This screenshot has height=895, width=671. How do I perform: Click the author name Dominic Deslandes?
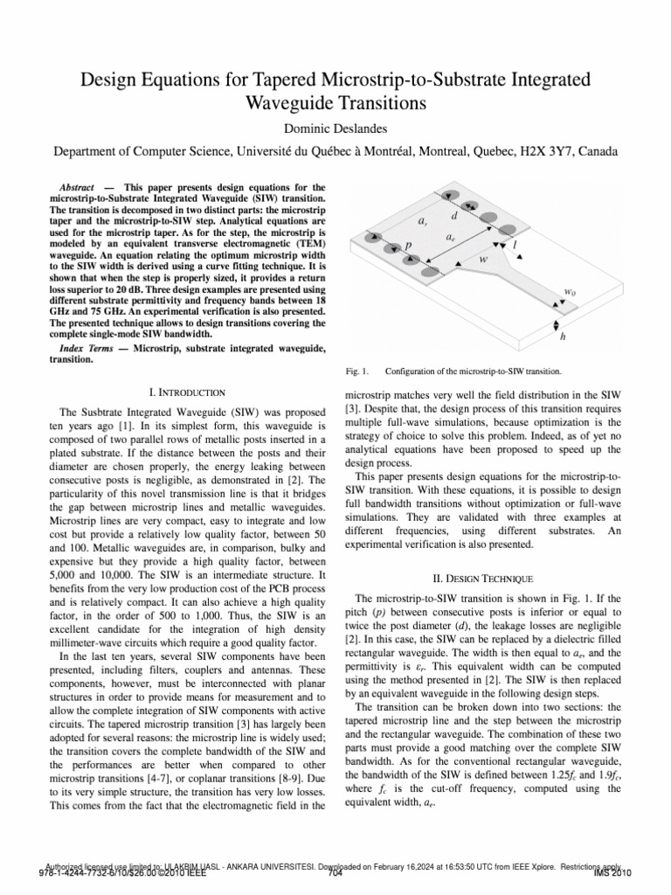point(335,129)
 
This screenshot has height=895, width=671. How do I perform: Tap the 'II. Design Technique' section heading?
point(483,578)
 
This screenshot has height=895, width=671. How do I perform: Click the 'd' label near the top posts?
point(453,215)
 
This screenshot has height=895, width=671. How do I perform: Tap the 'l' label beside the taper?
point(515,246)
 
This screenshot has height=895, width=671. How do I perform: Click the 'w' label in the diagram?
point(483,260)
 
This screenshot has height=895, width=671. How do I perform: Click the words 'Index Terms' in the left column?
point(84,349)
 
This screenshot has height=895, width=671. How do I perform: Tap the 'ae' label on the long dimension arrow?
point(450,237)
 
